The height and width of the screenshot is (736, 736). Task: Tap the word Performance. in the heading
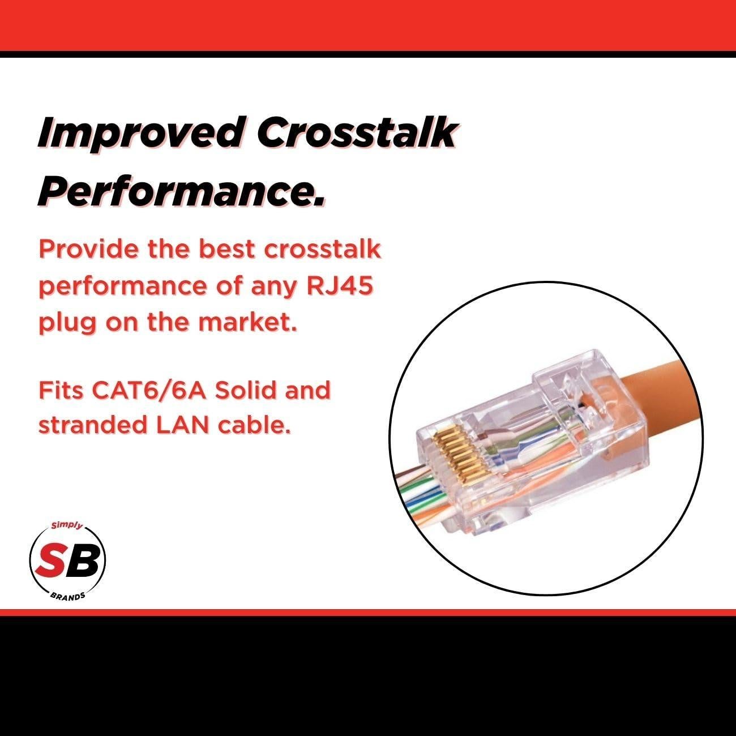click(x=181, y=190)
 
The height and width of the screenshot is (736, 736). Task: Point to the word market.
click(x=247, y=321)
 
